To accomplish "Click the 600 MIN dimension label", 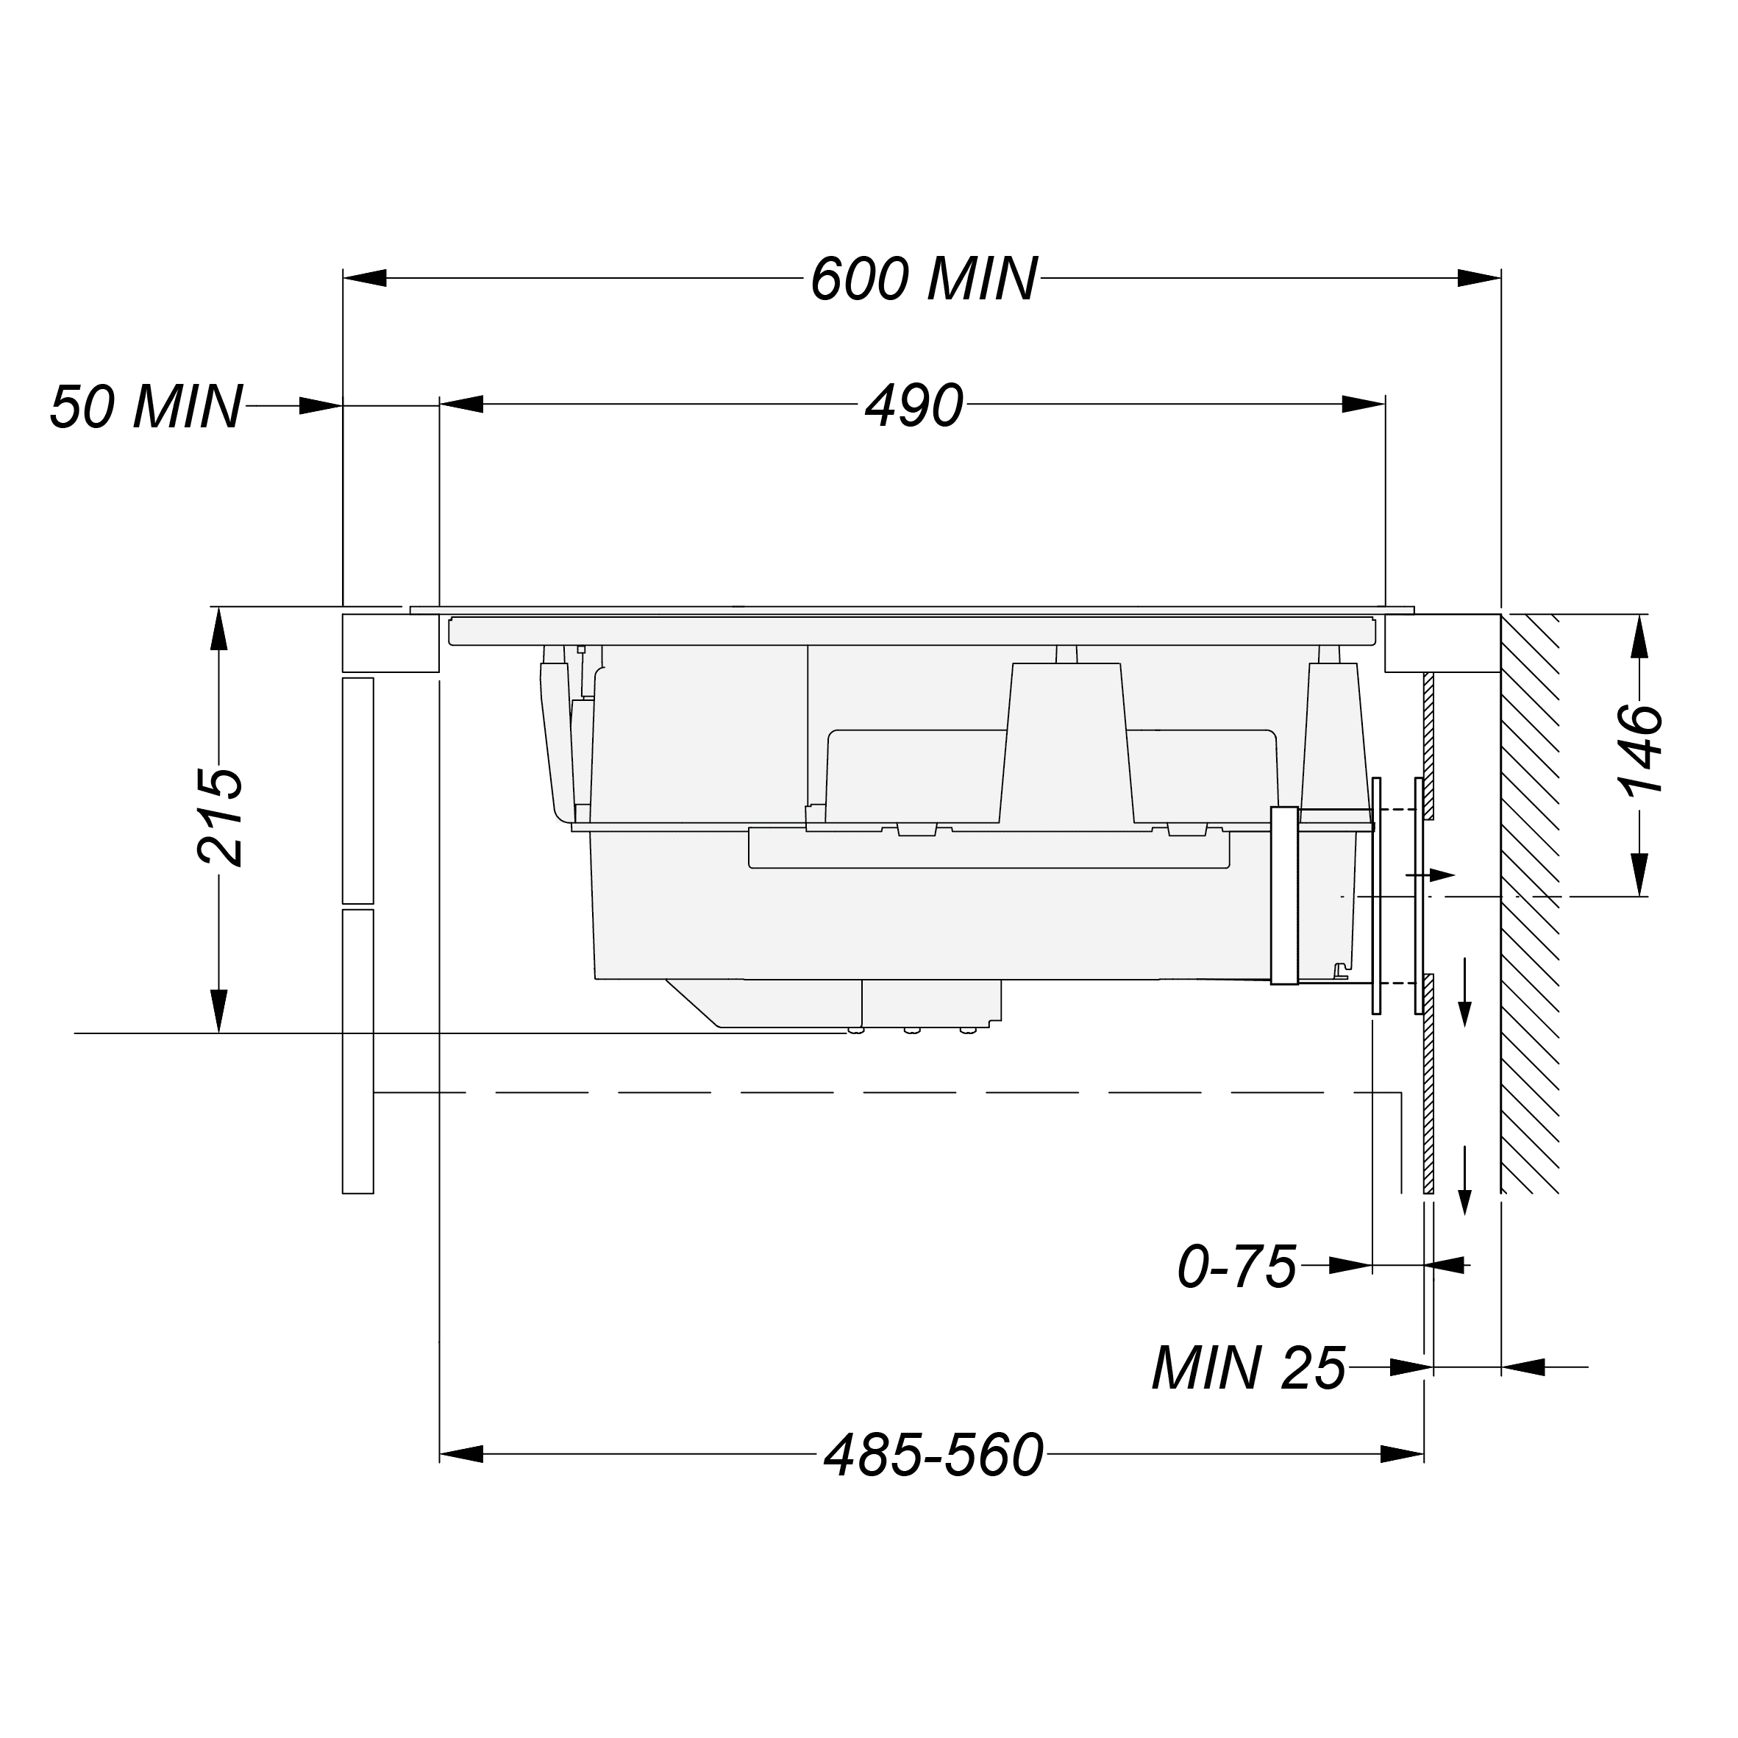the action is point(924,279).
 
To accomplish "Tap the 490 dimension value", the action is point(914,406).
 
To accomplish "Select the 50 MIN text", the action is point(146,407).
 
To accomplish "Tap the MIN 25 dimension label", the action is point(1249,1368).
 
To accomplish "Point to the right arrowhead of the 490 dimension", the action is point(1364,404).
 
